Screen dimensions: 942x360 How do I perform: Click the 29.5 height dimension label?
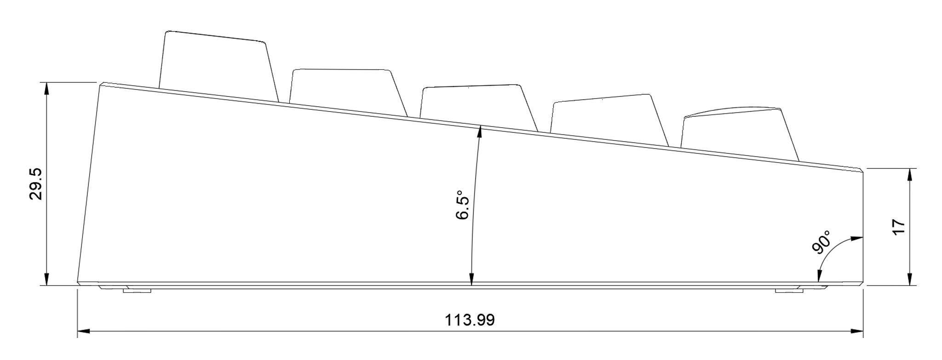pyautogui.click(x=35, y=184)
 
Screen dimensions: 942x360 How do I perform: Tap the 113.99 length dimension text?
pyautogui.click(x=470, y=320)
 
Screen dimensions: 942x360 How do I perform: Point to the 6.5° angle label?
pyautogui.click(x=463, y=205)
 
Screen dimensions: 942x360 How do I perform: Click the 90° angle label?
pyautogui.click(x=822, y=242)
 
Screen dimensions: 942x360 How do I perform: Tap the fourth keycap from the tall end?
pyautogui.click(x=609, y=120)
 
